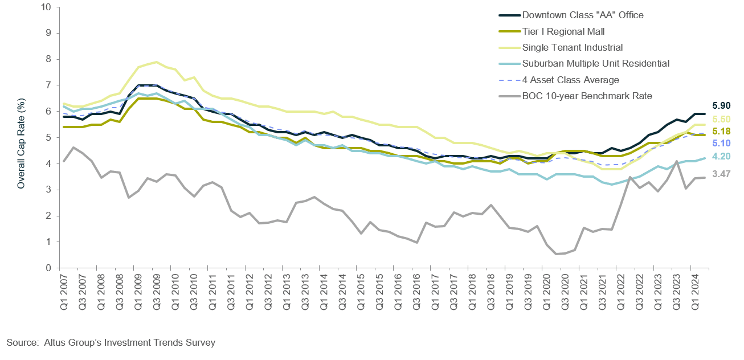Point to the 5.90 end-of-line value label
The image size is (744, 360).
[721, 106]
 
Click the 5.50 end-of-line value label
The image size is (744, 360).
[721, 119]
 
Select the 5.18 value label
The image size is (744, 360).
[721, 132]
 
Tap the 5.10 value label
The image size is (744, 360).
[721, 144]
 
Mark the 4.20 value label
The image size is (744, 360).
[721, 156]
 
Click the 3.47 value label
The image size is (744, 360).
[721, 174]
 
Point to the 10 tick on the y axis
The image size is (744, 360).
[46, 7]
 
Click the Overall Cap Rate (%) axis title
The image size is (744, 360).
[21, 137]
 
